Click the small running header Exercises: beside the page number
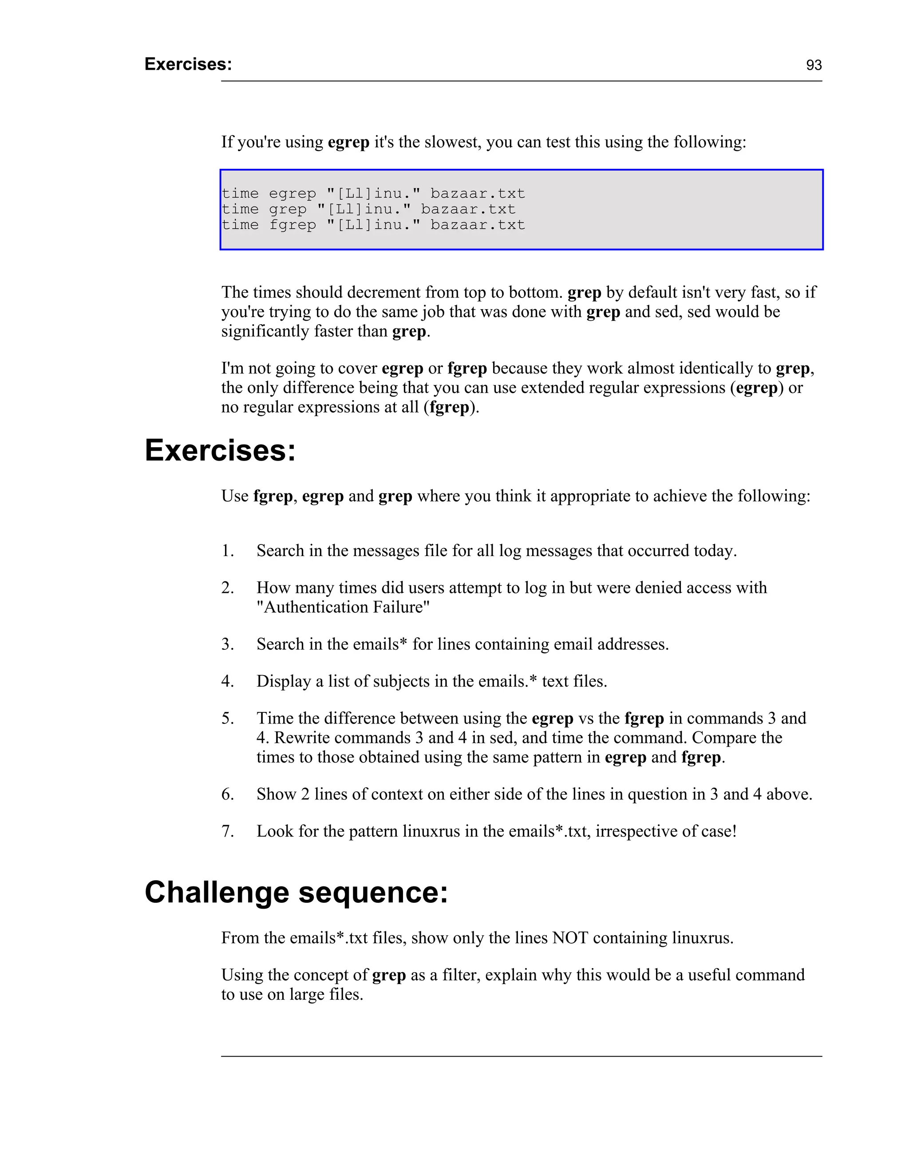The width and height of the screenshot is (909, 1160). [188, 64]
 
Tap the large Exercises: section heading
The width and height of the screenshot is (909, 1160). [220, 450]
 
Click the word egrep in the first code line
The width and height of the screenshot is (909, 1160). [292, 194]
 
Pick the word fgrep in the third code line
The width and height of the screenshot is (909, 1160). [292, 225]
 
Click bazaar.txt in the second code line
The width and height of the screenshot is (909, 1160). [468, 209]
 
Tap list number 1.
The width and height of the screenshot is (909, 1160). [228, 550]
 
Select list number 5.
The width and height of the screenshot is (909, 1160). [228, 718]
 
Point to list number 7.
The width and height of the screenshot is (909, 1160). [228, 831]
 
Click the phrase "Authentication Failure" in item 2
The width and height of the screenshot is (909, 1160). [343, 607]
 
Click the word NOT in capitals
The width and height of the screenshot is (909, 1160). [570, 938]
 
